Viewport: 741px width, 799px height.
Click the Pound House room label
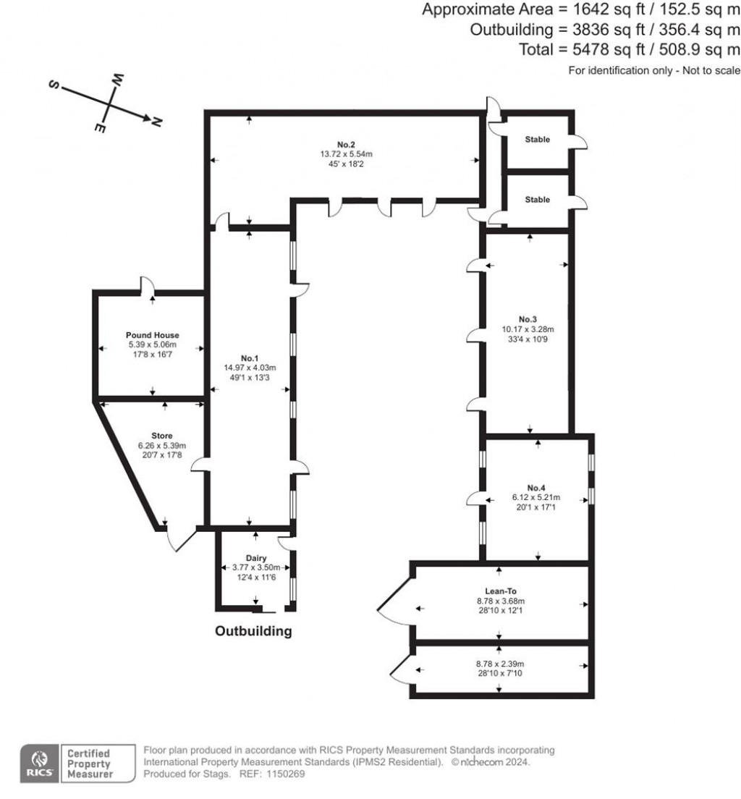click(152, 335)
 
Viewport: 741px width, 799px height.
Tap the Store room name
click(162, 436)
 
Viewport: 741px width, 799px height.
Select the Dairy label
click(256, 558)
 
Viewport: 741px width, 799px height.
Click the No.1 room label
click(250, 358)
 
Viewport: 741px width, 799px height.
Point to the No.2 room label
click(346, 144)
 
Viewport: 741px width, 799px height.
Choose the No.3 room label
click(528, 319)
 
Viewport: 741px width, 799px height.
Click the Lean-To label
click(499, 591)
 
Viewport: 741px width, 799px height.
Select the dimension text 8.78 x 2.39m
click(499, 664)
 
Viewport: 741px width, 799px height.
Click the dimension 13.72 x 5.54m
click(346, 154)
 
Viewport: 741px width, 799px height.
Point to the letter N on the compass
click(156, 122)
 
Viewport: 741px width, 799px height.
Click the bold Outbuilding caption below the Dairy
click(253, 631)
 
